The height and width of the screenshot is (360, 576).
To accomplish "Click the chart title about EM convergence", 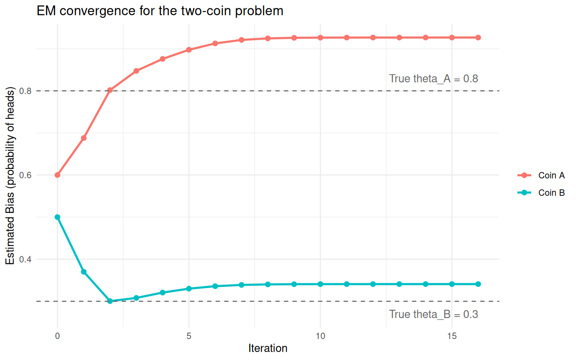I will point(160,11).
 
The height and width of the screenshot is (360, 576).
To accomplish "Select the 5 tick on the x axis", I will point(189,336).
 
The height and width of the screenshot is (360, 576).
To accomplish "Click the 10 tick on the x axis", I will point(320,336).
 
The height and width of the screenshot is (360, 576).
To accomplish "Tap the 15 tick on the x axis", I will point(452,336).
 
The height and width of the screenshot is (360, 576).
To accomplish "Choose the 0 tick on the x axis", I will point(57,336).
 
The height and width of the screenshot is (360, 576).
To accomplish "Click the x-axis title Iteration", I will point(268,348).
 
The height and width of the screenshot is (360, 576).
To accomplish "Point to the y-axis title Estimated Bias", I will point(10,175).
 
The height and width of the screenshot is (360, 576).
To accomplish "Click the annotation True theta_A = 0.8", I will point(433,79).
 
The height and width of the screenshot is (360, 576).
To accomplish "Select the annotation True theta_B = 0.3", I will point(433,314).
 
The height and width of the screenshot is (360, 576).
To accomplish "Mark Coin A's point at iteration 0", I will point(57,175).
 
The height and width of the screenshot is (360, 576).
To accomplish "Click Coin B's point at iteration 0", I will point(57,217).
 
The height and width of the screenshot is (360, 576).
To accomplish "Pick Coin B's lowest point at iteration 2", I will point(110,301).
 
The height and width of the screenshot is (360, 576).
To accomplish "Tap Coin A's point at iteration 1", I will point(84,138).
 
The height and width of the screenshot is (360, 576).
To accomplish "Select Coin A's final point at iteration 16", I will point(478,37).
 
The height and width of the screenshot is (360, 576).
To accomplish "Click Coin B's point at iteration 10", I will point(320,284).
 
